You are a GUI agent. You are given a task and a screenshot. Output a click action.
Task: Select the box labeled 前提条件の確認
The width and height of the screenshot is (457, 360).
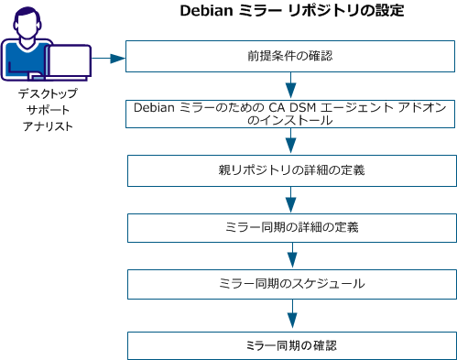click(x=290, y=56)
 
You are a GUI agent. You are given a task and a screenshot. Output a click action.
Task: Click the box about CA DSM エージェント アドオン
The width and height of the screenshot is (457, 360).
click(x=290, y=115)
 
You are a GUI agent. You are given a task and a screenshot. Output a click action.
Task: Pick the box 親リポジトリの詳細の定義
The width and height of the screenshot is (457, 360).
click(x=290, y=169)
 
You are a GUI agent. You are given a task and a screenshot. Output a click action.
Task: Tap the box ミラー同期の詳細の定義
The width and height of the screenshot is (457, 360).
click(x=290, y=227)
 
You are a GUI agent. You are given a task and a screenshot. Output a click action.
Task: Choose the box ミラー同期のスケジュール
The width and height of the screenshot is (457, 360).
click(x=290, y=284)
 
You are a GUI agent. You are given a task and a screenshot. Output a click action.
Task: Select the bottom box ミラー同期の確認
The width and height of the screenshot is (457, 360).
click(x=290, y=344)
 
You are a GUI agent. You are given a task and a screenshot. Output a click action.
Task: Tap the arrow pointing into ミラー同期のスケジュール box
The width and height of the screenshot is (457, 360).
click(x=290, y=256)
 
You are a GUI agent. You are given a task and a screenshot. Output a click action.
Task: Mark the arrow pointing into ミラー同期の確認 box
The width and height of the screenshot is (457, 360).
click(x=290, y=314)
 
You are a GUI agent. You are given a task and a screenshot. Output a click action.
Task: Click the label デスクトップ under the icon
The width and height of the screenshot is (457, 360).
click(x=48, y=93)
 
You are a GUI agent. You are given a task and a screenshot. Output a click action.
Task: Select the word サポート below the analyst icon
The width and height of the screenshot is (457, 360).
click(x=48, y=110)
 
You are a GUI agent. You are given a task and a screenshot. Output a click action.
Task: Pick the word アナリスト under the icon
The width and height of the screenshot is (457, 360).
click(x=48, y=126)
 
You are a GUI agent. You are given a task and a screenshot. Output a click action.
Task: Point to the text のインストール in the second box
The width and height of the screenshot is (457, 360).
click(x=290, y=121)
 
